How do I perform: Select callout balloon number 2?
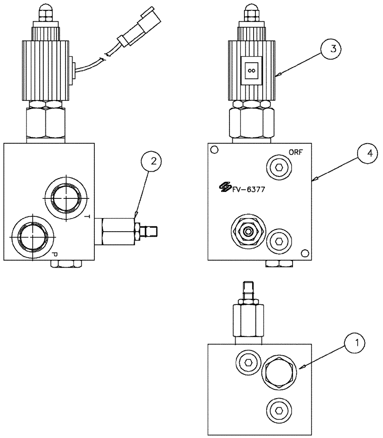(x=152, y=161)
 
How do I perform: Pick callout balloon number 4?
(x=368, y=154)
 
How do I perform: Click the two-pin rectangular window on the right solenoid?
(x=251, y=69)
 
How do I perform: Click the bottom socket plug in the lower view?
(x=276, y=410)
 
